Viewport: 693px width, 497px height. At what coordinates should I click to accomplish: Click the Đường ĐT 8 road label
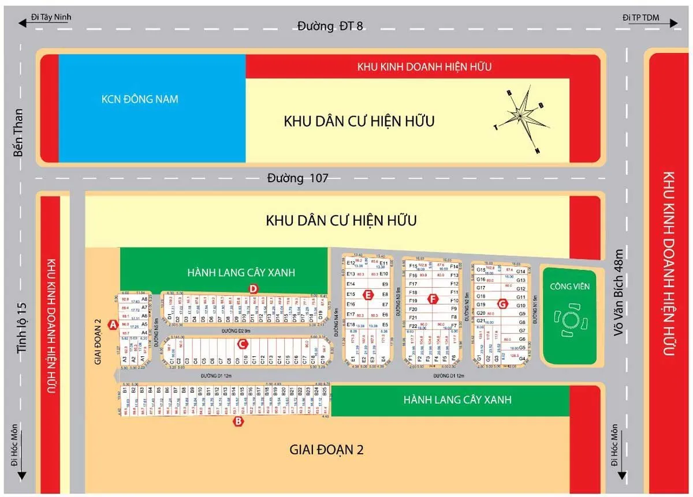pos(330,26)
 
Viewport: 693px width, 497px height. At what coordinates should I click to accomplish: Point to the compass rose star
pos(520,115)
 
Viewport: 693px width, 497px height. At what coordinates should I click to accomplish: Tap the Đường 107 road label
pos(297,178)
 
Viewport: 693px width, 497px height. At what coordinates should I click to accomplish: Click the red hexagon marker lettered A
pos(114,326)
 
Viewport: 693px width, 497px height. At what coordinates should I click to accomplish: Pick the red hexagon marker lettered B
pos(239,422)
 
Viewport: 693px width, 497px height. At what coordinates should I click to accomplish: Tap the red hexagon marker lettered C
pos(243,344)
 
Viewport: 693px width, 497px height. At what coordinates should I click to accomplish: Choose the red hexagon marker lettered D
pos(252,288)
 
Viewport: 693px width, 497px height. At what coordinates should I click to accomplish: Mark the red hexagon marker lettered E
pos(367,296)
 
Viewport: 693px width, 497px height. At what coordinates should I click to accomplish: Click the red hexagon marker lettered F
pos(432,299)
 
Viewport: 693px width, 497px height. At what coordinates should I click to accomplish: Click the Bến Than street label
pos(19,133)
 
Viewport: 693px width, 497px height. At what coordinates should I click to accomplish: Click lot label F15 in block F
pos(413,266)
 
